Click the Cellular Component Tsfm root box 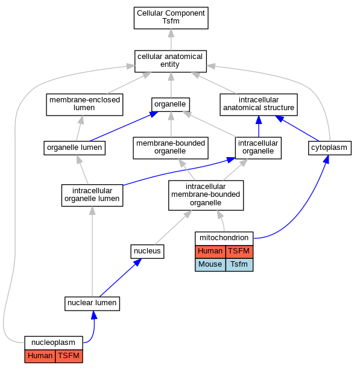[171, 18]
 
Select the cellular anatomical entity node [171, 61]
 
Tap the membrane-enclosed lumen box [84, 105]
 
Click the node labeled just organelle [171, 105]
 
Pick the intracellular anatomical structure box [259, 105]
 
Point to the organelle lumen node [75, 148]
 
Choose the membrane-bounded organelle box [171, 148]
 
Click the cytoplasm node [330, 148]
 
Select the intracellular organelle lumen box [92, 195]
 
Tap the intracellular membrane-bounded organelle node [206, 195]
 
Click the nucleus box [147, 252]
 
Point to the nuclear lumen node [92, 303]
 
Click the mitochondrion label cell [224, 238]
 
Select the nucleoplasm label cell [54, 343]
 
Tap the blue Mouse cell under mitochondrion [210, 264]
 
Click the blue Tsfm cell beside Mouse [239, 264]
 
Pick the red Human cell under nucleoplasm [40, 356]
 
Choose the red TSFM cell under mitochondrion [239, 252]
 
